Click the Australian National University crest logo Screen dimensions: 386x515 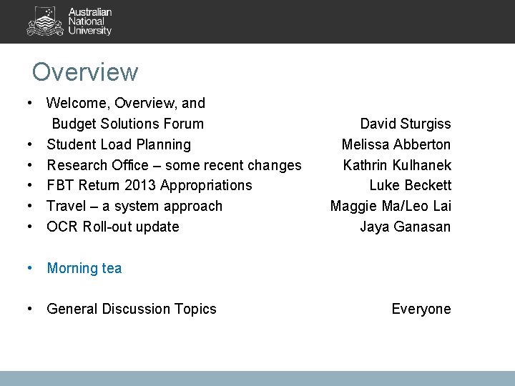coord(45,21)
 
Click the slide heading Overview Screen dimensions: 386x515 coord(84,72)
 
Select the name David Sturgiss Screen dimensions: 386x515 coord(405,124)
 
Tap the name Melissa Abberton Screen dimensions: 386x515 coord(396,144)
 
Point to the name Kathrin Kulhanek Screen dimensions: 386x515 coord(396,165)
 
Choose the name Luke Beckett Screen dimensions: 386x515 coord(410,186)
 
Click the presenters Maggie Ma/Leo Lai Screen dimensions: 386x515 coord(390,207)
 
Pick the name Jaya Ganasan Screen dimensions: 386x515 coord(405,227)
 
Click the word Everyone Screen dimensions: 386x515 coord(421,310)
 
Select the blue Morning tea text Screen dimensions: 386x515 coord(84,269)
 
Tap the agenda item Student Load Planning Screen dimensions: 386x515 coord(119,144)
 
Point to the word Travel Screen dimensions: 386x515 coord(66,207)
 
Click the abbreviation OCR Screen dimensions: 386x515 coord(62,227)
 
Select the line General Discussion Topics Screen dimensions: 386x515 coord(131,310)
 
